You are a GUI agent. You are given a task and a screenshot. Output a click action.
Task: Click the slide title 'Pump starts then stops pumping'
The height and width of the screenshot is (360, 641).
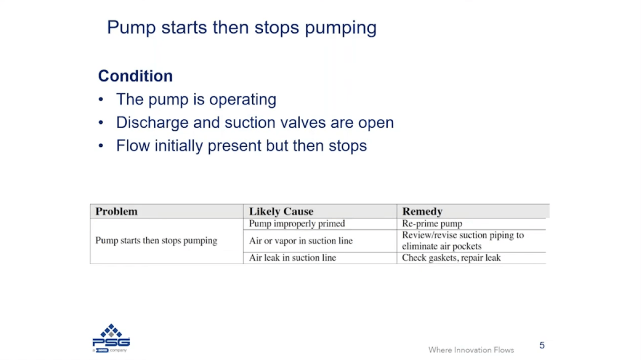click(x=242, y=28)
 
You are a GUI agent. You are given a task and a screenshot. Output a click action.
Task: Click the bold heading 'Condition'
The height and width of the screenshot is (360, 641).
click(x=135, y=76)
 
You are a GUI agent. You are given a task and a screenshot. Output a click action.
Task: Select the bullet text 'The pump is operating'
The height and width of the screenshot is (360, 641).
click(x=196, y=99)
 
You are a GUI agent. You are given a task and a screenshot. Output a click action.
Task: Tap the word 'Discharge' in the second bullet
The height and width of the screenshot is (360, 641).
click(x=152, y=123)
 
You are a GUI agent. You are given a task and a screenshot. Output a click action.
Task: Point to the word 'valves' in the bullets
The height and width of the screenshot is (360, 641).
click(x=303, y=123)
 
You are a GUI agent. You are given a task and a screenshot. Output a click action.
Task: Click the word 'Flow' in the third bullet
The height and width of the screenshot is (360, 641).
click(x=133, y=145)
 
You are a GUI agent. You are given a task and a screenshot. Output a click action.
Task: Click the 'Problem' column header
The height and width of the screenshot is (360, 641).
click(x=116, y=211)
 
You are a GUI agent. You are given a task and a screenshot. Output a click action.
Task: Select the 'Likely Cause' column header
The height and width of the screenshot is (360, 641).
click(x=281, y=211)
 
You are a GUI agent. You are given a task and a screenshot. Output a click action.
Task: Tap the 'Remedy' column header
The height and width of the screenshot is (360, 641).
click(x=422, y=211)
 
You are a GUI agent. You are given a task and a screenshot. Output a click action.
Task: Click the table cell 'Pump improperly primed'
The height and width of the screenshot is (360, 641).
click(x=297, y=224)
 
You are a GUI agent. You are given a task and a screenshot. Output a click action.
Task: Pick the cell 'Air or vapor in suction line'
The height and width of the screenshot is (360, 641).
click(x=301, y=241)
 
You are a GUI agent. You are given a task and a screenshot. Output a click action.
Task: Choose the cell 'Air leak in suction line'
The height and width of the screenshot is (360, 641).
click(x=293, y=258)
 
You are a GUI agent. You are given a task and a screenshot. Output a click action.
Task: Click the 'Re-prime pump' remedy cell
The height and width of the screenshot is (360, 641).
click(x=432, y=224)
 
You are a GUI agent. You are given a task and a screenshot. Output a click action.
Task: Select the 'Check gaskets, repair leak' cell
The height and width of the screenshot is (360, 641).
click(x=451, y=258)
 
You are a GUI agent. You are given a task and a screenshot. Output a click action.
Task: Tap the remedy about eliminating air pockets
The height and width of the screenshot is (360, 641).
click(x=463, y=241)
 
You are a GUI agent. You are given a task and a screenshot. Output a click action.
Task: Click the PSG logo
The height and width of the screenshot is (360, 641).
click(x=111, y=338)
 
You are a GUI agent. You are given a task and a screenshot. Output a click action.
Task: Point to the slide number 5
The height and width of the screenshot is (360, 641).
click(x=542, y=345)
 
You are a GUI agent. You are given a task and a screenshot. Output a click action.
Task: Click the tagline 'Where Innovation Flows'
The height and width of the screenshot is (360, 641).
click(x=471, y=350)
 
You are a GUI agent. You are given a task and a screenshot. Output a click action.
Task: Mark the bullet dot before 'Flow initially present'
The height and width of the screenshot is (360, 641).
click(x=101, y=146)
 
